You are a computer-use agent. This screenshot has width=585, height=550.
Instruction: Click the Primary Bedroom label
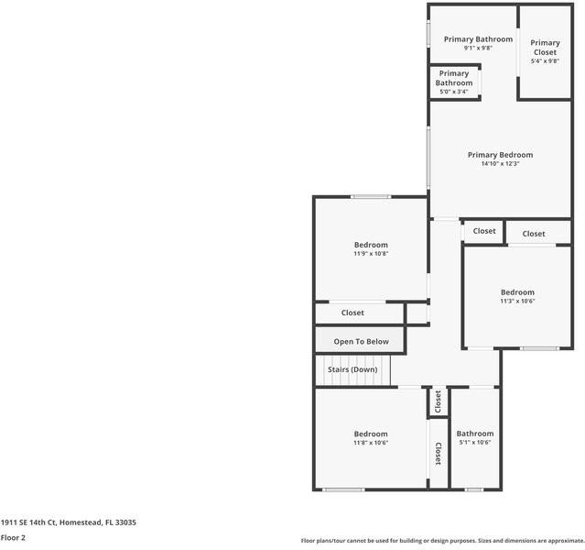click(x=500, y=155)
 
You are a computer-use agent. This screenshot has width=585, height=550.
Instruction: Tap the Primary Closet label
click(x=545, y=48)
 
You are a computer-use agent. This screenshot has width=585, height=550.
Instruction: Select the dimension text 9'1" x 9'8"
click(x=478, y=49)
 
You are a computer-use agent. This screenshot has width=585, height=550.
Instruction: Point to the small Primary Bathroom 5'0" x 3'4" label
click(x=454, y=82)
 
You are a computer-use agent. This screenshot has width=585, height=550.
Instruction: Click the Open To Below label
click(x=361, y=342)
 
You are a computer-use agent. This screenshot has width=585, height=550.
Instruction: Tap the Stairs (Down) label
click(x=352, y=369)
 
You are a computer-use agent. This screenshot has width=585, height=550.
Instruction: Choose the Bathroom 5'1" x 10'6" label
click(x=475, y=434)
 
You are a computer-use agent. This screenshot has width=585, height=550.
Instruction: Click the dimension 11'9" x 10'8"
click(x=371, y=254)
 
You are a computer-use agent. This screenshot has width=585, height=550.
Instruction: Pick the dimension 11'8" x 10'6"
click(x=371, y=443)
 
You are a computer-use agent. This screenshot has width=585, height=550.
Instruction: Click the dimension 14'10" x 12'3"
click(x=500, y=164)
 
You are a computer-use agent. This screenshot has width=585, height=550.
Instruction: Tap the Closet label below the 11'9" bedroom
click(x=352, y=313)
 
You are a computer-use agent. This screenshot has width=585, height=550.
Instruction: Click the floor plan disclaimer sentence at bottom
click(x=441, y=541)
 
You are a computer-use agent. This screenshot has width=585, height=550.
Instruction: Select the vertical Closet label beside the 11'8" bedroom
click(x=438, y=454)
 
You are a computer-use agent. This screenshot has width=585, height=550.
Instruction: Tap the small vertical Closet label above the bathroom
click(x=438, y=401)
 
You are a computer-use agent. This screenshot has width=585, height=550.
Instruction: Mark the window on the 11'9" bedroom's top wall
click(x=371, y=196)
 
